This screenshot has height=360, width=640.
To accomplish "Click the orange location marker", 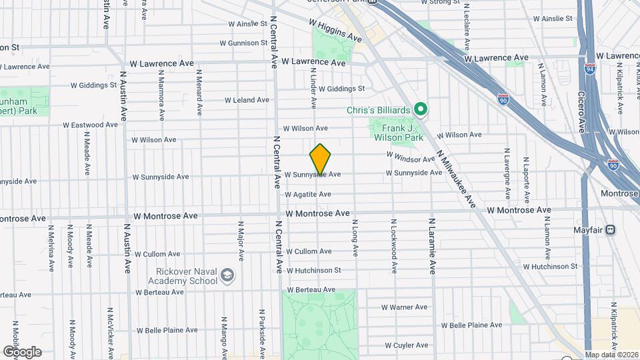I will tap(320, 159).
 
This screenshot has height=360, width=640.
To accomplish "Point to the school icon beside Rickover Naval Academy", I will tap(227, 275).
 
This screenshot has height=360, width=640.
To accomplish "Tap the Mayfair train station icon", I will tap(611, 230).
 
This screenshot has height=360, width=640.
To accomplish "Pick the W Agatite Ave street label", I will tap(308, 195).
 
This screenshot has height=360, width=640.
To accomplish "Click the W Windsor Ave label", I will tap(411, 159).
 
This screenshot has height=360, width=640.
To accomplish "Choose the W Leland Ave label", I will tap(247, 100).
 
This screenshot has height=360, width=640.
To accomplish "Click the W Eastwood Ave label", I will tap(91, 125).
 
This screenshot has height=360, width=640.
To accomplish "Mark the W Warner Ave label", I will tap(404, 307).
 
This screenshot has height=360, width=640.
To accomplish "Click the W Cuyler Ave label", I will tap(406, 345).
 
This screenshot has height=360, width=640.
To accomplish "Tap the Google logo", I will tap(22, 351).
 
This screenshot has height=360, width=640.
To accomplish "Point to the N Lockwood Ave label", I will tap(394, 245).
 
